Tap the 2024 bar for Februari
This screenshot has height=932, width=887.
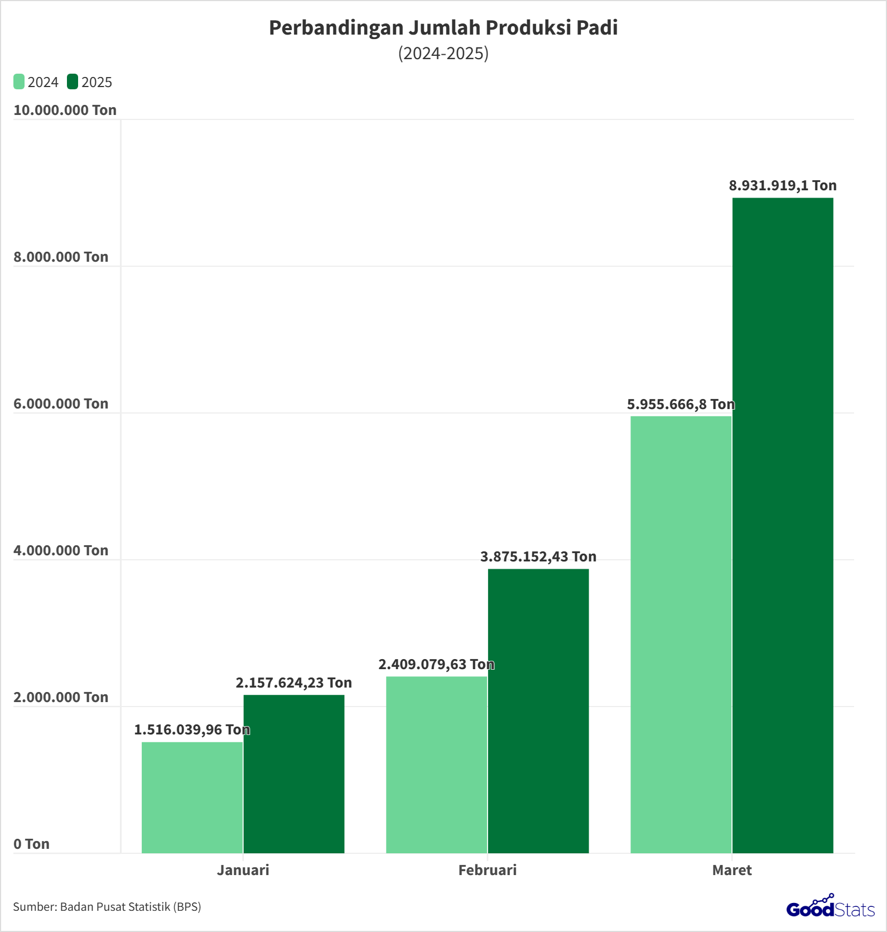[436, 765]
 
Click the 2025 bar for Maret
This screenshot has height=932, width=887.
[783, 525]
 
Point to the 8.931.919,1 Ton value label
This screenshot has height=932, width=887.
[783, 185]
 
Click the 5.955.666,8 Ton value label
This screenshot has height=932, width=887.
[681, 404]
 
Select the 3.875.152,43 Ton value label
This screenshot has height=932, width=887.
[538, 556]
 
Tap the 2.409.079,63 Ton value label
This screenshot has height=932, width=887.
[436, 664]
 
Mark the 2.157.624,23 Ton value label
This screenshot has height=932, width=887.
[294, 683]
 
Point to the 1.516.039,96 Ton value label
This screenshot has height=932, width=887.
[192, 729]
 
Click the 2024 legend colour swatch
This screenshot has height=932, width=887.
[19, 81]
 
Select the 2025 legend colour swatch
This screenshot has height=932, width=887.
[73, 81]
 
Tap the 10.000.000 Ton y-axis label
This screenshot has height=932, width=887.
[65, 110]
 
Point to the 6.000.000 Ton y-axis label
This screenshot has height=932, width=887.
[61, 403]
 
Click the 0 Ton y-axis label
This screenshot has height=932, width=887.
[31, 844]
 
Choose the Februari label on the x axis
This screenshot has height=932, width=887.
[488, 870]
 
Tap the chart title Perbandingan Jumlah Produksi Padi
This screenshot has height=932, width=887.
[443, 28]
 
